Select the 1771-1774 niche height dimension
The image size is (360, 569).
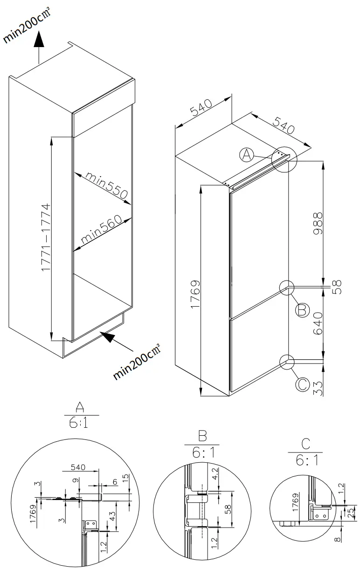click(45, 238)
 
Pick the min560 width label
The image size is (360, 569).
click(101, 231)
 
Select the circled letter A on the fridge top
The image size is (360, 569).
click(247, 155)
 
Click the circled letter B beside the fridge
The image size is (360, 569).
click(303, 309)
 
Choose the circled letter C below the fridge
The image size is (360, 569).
click(302, 384)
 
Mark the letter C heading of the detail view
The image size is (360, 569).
click(306, 443)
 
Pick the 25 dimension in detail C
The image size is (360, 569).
click(351, 513)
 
